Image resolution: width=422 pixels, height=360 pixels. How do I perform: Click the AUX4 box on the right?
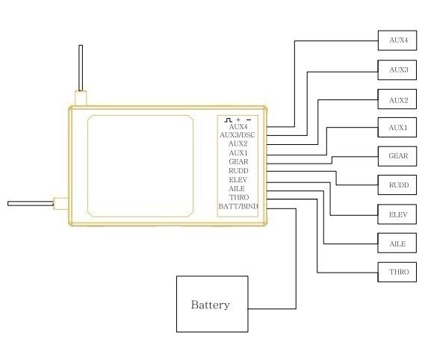(x=397, y=40)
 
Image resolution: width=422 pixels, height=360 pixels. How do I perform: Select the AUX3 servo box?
(x=397, y=70)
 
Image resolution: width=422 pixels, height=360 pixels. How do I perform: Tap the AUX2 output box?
(x=397, y=99)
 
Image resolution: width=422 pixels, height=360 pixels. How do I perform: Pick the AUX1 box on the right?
(x=397, y=127)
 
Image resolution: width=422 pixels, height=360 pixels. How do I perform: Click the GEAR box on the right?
(x=397, y=156)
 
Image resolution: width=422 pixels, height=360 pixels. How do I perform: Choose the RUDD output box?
(x=397, y=184)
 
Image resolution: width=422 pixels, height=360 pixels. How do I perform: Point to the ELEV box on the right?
(x=397, y=214)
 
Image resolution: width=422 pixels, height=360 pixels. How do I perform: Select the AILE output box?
(x=397, y=243)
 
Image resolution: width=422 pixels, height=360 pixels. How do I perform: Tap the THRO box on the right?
(x=397, y=272)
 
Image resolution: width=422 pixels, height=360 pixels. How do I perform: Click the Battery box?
(x=212, y=304)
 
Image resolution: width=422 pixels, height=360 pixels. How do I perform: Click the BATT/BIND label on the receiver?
(x=238, y=206)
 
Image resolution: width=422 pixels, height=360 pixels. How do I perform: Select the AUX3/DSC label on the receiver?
(x=238, y=134)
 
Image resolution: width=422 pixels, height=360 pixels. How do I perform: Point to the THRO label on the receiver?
(x=239, y=197)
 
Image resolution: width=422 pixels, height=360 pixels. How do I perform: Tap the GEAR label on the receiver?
(x=238, y=162)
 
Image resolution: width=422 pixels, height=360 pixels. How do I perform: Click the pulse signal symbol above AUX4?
(x=228, y=120)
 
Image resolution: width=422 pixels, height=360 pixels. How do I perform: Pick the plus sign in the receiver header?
(x=238, y=120)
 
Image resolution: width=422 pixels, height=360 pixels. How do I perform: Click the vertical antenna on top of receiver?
(x=81, y=68)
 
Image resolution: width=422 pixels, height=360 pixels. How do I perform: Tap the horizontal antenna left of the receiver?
(x=31, y=204)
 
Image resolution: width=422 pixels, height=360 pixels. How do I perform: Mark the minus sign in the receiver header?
(x=249, y=120)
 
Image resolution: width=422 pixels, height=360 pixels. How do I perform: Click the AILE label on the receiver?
(x=237, y=189)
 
